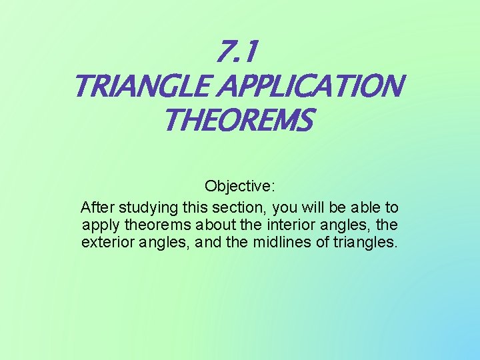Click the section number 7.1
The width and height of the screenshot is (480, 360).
click(x=238, y=50)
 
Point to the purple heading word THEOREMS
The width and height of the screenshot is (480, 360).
click(x=237, y=121)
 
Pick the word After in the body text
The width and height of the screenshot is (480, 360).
click(x=97, y=207)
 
